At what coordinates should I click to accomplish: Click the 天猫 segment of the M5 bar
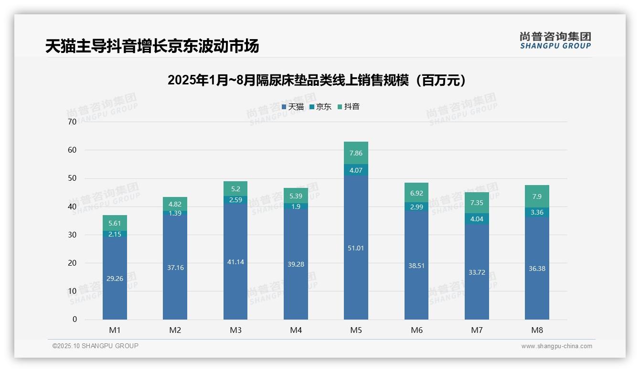click(x=356, y=248)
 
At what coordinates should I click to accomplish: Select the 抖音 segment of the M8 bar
click(x=537, y=196)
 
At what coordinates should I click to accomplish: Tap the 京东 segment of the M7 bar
click(x=477, y=219)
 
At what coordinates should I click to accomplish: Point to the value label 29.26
click(x=115, y=279)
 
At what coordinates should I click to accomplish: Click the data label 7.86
click(x=356, y=153)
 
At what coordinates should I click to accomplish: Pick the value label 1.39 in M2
click(x=175, y=213)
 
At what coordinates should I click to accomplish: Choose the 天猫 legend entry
click(x=293, y=107)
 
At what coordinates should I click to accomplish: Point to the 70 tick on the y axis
click(x=72, y=122)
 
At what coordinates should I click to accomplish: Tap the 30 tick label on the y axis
click(x=72, y=235)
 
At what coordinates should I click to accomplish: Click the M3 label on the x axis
click(x=235, y=330)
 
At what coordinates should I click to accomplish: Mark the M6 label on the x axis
click(x=416, y=330)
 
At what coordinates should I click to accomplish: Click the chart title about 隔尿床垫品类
click(x=316, y=80)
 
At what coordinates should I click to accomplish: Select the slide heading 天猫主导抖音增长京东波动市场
click(x=152, y=46)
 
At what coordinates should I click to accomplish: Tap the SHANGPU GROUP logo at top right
click(x=555, y=41)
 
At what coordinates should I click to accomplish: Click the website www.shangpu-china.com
click(x=556, y=346)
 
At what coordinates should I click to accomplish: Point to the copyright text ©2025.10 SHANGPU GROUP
click(x=96, y=346)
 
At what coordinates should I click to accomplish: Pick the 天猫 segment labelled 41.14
click(x=235, y=262)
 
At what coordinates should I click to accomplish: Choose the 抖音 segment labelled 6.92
click(x=416, y=193)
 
